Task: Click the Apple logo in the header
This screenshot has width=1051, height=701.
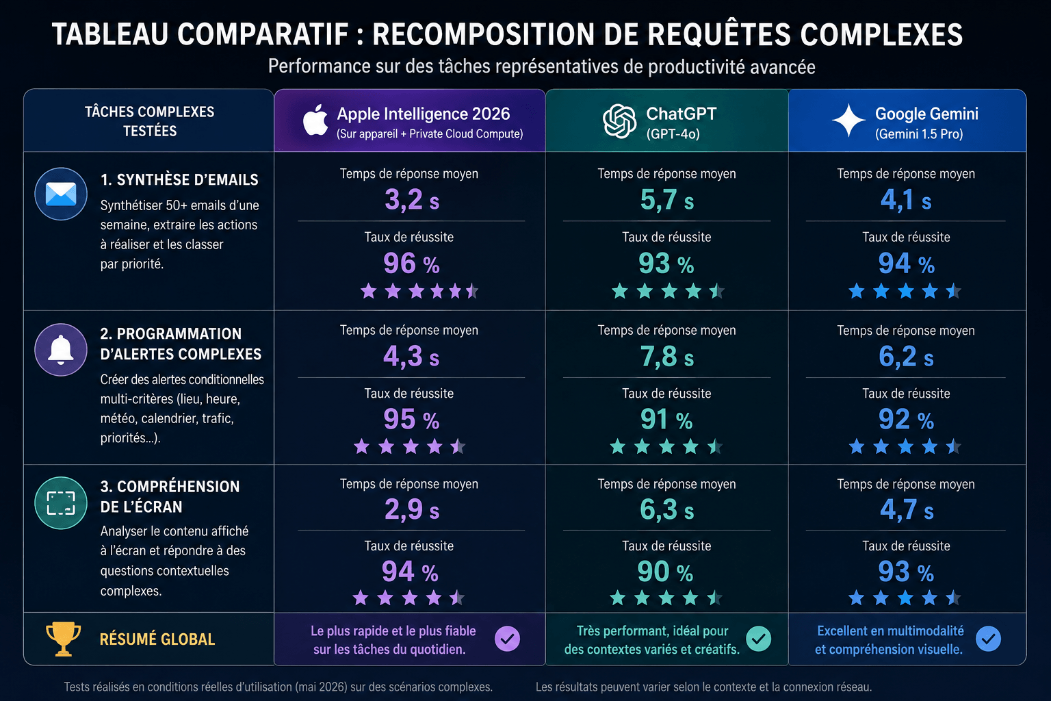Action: tap(315, 120)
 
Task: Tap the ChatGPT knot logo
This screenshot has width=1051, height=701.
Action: tap(619, 121)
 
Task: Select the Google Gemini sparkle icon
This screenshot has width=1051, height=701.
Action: tap(848, 120)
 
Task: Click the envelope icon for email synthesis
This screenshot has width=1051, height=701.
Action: tap(61, 194)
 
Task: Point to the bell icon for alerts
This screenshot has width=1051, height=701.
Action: tap(61, 350)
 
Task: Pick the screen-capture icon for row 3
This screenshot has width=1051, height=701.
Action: tap(61, 503)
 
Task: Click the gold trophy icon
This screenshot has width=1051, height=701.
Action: tap(63, 639)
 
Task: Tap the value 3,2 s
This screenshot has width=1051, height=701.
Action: tap(412, 199)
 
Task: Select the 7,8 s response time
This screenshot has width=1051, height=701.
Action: tap(666, 357)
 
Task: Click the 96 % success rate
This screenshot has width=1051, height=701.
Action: tap(411, 263)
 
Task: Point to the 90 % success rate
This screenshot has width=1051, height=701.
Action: tap(665, 572)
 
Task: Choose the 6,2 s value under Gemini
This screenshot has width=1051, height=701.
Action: tap(906, 357)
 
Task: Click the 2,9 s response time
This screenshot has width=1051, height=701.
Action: tap(412, 509)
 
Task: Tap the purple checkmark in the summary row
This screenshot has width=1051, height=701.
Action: tap(507, 639)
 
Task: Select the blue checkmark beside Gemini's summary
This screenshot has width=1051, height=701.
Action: tap(988, 639)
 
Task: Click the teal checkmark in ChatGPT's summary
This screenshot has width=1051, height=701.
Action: tap(759, 639)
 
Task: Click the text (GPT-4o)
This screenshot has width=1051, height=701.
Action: tap(673, 134)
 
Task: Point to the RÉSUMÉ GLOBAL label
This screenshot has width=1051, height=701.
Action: tap(157, 639)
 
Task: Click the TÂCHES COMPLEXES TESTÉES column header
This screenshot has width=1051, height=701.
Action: tap(150, 121)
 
